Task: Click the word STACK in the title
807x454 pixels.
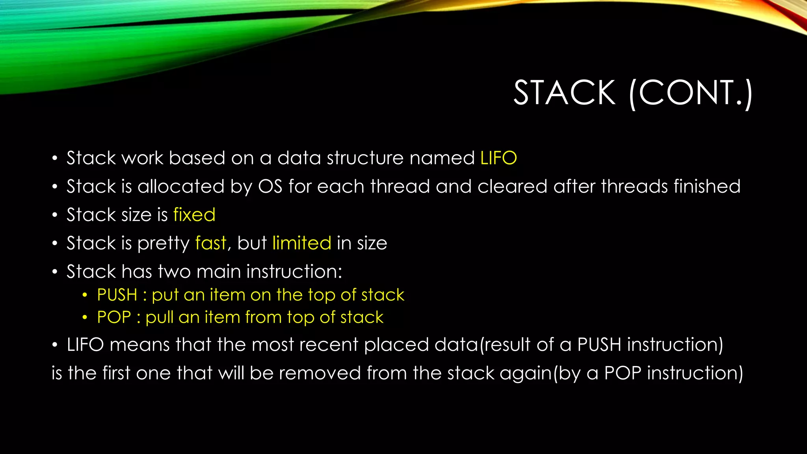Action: [564, 93]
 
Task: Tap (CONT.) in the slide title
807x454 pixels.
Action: [691, 94]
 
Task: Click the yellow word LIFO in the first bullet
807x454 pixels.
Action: [498, 158]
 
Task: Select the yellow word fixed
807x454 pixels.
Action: [194, 215]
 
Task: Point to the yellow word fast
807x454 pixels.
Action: [211, 243]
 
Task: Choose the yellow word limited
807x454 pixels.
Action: [302, 243]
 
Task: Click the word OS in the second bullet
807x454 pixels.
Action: [270, 186]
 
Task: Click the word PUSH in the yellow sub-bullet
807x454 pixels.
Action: [117, 295]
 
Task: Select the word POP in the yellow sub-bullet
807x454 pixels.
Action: [114, 317]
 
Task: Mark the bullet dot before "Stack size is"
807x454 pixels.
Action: [55, 215]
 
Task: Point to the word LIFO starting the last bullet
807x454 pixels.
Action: [85, 345]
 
